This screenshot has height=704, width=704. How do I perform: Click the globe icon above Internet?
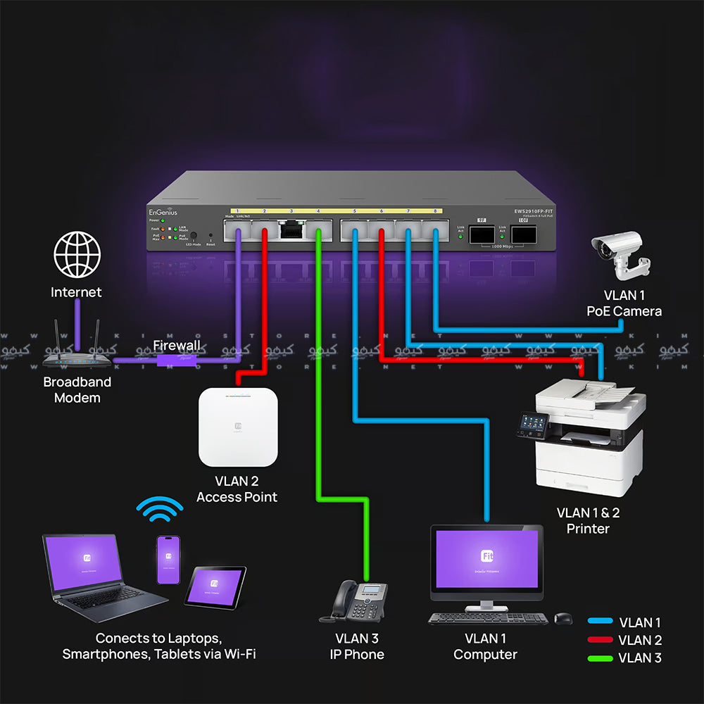coord(77,254)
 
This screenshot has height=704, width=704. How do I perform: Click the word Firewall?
coord(177,346)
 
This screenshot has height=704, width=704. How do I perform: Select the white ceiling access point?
coord(237,427)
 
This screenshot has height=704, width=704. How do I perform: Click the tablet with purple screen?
coord(215,586)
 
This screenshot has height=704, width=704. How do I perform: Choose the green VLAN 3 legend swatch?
coord(599,658)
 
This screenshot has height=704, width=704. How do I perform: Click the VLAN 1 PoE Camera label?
coord(624,303)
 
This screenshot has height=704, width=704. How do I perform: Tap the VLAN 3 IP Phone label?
coord(357,646)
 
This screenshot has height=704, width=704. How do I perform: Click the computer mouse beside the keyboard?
coord(563,618)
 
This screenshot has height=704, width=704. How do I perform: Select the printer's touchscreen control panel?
coord(532,424)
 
